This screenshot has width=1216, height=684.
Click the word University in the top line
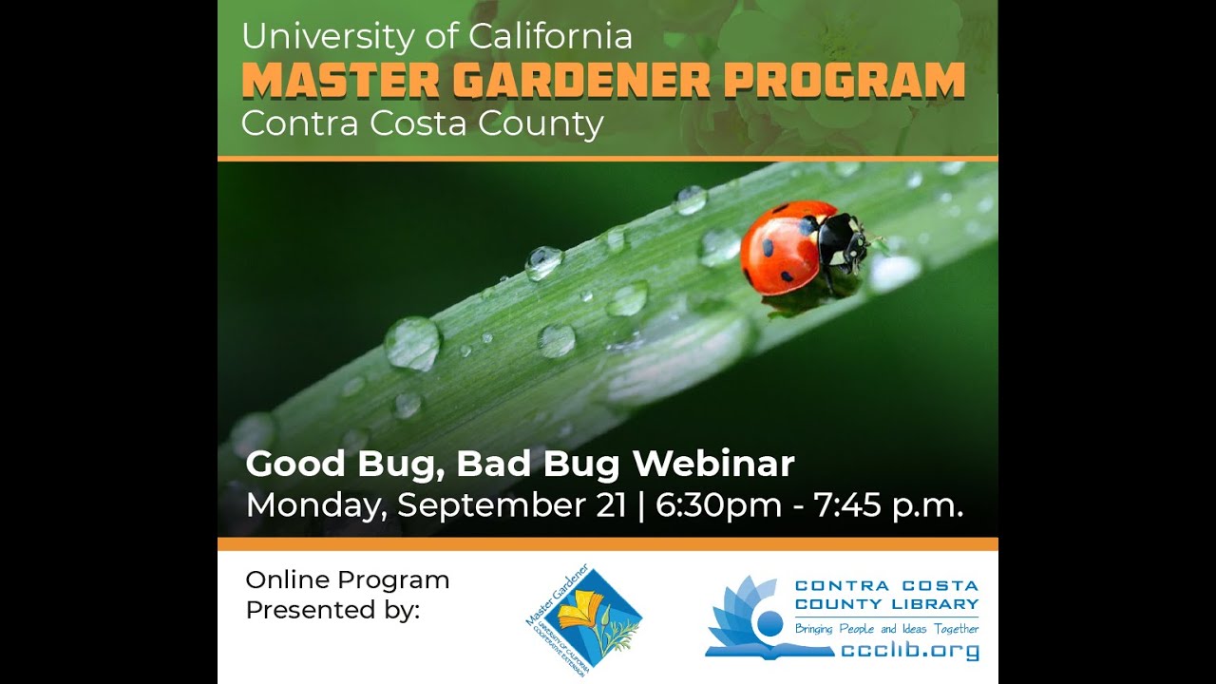[325, 37]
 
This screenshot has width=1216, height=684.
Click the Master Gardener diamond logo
[583, 618]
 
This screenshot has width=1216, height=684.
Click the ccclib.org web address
[909, 651]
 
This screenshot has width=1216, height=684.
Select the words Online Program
[347, 579]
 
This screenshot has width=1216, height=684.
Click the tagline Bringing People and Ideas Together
[886, 629]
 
